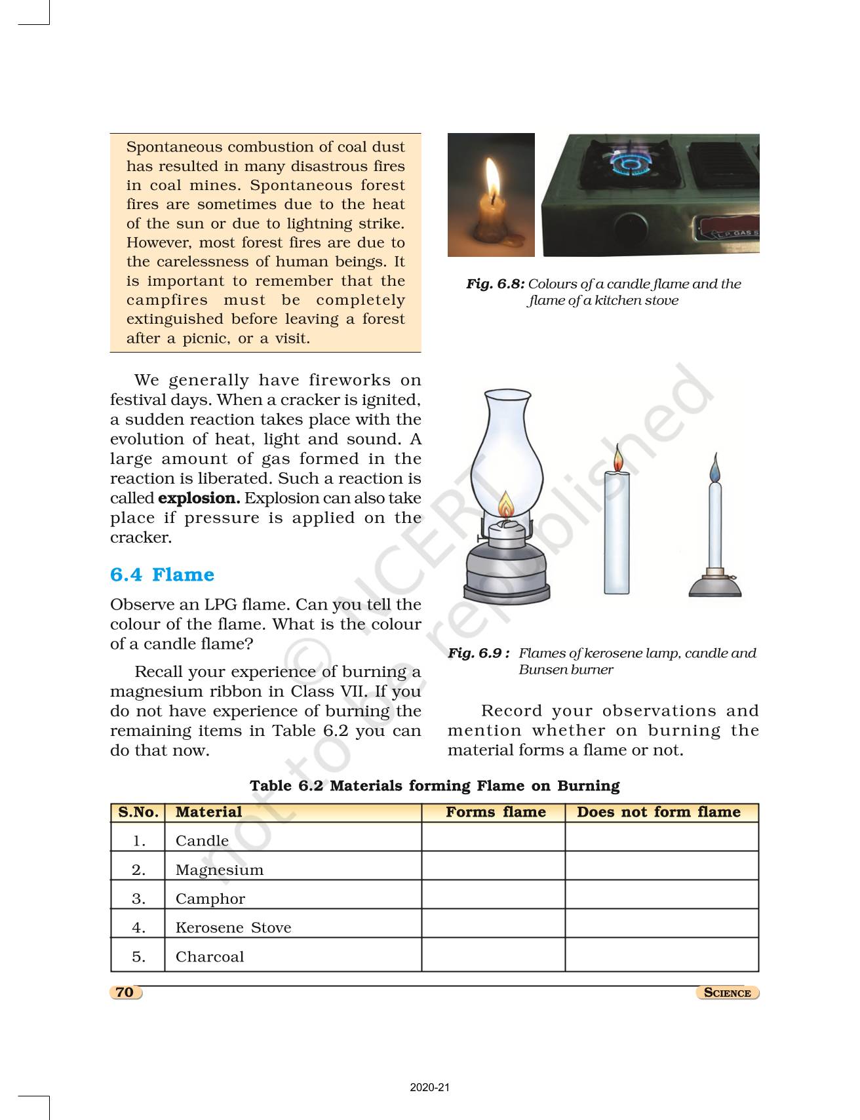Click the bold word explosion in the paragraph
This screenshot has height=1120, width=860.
[199, 498]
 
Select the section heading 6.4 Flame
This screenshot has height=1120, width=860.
[162, 575]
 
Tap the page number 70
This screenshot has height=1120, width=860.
[125, 992]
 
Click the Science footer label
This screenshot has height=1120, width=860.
[727, 993]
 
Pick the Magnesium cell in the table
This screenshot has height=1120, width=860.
[219, 870]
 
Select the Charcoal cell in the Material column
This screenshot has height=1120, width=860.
[209, 956]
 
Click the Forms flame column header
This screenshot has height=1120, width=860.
[496, 812]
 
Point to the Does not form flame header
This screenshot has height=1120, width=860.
[658, 812]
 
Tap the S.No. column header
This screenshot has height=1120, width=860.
[138, 812]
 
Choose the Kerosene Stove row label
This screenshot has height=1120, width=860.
[233, 927]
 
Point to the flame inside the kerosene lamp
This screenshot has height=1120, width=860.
[505, 506]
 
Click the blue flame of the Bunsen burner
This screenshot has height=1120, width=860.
[714, 468]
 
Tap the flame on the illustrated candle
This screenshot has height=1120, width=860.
[616, 460]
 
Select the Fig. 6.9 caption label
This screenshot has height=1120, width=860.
[479, 653]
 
